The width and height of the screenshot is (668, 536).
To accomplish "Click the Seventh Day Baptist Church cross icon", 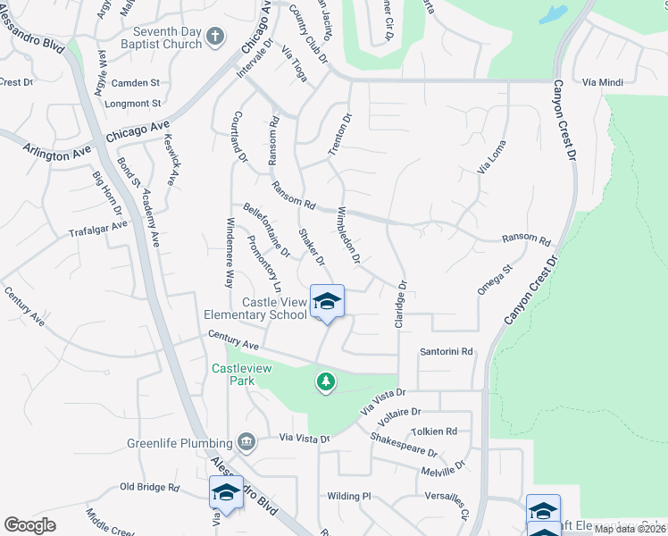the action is click(x=214, y=37).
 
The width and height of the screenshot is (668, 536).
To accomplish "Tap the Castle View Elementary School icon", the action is click(x=327, y=301).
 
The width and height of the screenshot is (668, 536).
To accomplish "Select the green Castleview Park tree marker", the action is click(x=326, y=381).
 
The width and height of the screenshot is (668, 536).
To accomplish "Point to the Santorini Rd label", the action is click(x=446, y=352).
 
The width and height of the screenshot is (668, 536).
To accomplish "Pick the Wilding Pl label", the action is click(x=348, y=496).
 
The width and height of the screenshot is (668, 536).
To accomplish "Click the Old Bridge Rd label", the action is click(x=150, y=488).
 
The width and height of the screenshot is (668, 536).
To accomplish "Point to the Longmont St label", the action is click(x=132, y=103).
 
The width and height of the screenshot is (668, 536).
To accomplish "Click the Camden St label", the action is click(x=136, y=81).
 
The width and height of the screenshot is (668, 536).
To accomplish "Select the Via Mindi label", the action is click(x=602, y=82).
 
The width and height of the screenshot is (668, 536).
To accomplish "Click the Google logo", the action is click(x=30, y=525).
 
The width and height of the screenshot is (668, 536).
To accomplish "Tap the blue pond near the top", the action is click(x=553, y=14).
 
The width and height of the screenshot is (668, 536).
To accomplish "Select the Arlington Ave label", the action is click(x=59, y=149).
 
